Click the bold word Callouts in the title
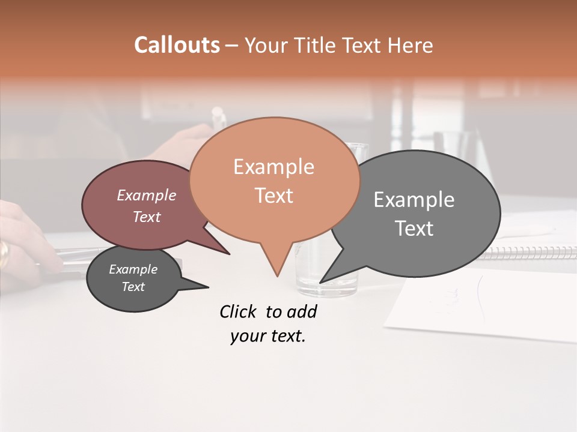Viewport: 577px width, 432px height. point(177,45)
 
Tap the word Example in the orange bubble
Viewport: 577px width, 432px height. point(273,167)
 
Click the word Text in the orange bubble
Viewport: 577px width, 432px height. point(273,196)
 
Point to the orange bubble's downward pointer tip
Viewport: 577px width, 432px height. point(277,275)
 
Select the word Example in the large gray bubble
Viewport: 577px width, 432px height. point(414,200)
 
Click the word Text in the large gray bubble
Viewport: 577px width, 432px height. point(414,229)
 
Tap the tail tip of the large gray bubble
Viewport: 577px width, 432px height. point(321,281)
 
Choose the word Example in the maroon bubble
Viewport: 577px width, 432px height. point(147,195)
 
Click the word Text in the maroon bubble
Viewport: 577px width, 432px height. point(147,217)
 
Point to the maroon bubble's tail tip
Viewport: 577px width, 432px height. point(229,254)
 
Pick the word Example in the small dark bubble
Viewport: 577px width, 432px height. point(133,269)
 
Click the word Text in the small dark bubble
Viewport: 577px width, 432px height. point(133,287)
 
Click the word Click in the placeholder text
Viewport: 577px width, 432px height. point(239,311)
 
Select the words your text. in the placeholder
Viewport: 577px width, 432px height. point(268,336)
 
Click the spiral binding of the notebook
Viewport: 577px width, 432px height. point(529,252)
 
